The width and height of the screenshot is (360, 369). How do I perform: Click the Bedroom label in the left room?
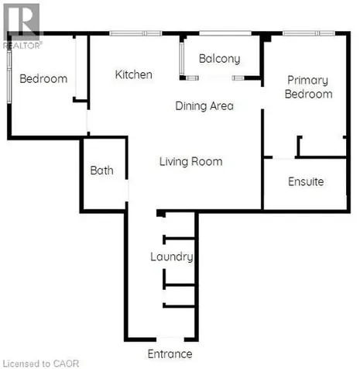43,79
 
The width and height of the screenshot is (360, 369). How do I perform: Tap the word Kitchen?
133,74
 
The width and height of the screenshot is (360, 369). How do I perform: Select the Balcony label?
220,59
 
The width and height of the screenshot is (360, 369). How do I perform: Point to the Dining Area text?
204,106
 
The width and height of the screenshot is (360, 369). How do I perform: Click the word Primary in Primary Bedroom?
307,81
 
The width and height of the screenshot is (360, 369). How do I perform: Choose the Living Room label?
191,162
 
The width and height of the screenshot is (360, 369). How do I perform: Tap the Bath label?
101,171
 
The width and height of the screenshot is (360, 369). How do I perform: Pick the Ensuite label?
306,181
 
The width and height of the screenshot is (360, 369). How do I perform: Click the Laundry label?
172,257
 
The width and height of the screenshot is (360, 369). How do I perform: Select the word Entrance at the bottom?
170,353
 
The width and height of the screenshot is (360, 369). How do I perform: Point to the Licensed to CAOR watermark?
41,364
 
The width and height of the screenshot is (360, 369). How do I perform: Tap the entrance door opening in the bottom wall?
170,339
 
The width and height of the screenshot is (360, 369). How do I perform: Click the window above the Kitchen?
135,33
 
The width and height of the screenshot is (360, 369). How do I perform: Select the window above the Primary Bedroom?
309,33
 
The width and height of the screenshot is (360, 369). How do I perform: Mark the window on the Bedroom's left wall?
9,77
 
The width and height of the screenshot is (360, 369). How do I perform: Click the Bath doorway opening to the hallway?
127,191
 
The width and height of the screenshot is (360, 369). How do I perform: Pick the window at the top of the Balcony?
225,33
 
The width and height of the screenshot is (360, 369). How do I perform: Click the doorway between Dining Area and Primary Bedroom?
262,98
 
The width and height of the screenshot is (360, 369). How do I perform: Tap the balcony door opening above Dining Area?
215,78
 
